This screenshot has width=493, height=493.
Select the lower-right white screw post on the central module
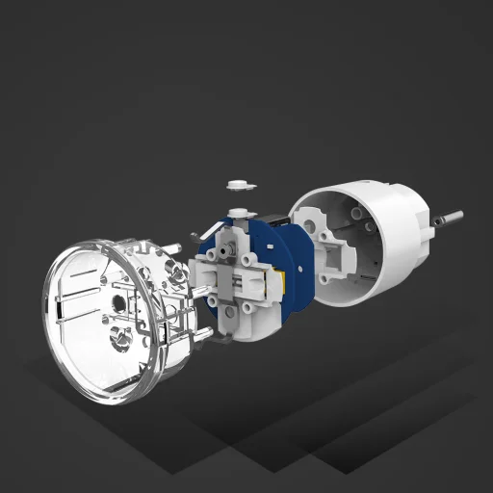tap(252, 305)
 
